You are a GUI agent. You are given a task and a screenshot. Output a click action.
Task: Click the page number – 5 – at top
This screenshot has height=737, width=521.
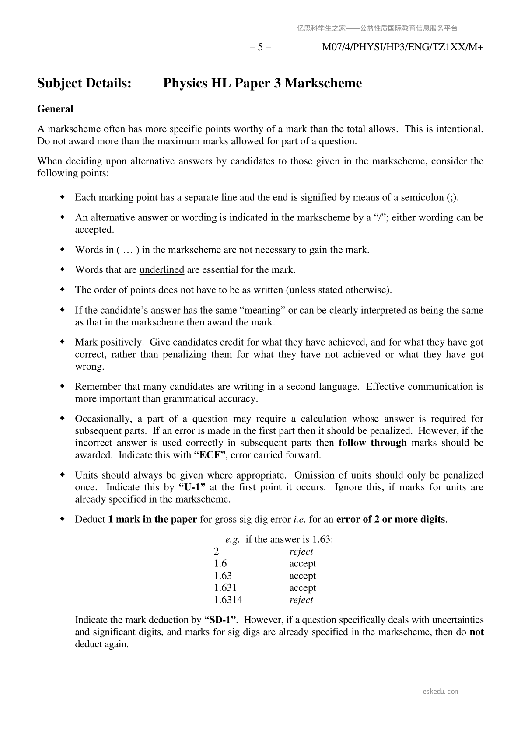click(x=260, y=47)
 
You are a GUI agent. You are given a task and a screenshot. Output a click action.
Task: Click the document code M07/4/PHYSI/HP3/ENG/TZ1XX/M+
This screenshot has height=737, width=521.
click(x=402, y=47)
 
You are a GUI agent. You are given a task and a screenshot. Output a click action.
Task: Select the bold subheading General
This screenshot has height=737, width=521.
click(x=55, y=109)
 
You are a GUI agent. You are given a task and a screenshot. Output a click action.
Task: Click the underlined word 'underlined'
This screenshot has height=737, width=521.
click(x=161, y=270)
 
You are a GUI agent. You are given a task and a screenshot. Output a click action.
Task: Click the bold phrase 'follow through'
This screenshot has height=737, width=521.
click(x=373, y=443)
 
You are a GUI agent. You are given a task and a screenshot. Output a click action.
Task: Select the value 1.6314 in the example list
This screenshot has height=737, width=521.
click(x=228, y=600)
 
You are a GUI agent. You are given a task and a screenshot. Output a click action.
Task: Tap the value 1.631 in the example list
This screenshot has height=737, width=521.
click(x=225, y=588)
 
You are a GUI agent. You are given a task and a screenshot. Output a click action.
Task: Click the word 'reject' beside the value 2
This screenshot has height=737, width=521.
click(x=301, y=552)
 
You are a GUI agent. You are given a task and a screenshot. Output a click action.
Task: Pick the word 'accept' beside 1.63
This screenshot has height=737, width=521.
click(x=302, y=576)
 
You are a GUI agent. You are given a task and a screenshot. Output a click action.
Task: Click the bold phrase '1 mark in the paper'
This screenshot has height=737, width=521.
click(x=153, y=520)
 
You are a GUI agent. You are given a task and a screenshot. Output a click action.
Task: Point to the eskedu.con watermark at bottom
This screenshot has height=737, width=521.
click(x=441, y=692)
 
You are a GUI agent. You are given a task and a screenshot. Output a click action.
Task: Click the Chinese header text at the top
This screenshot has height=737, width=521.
click(x=377, y=28)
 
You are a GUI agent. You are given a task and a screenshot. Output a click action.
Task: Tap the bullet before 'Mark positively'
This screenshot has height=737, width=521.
click(x=62, y=342)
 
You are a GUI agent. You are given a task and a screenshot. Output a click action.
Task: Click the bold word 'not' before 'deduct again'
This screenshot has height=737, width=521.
click(x=476, y=632)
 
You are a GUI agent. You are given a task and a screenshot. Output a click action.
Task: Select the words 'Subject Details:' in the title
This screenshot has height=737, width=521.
click(x=84, y=83)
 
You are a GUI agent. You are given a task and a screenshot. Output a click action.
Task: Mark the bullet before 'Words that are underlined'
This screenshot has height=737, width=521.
click(x=62, y=269)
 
